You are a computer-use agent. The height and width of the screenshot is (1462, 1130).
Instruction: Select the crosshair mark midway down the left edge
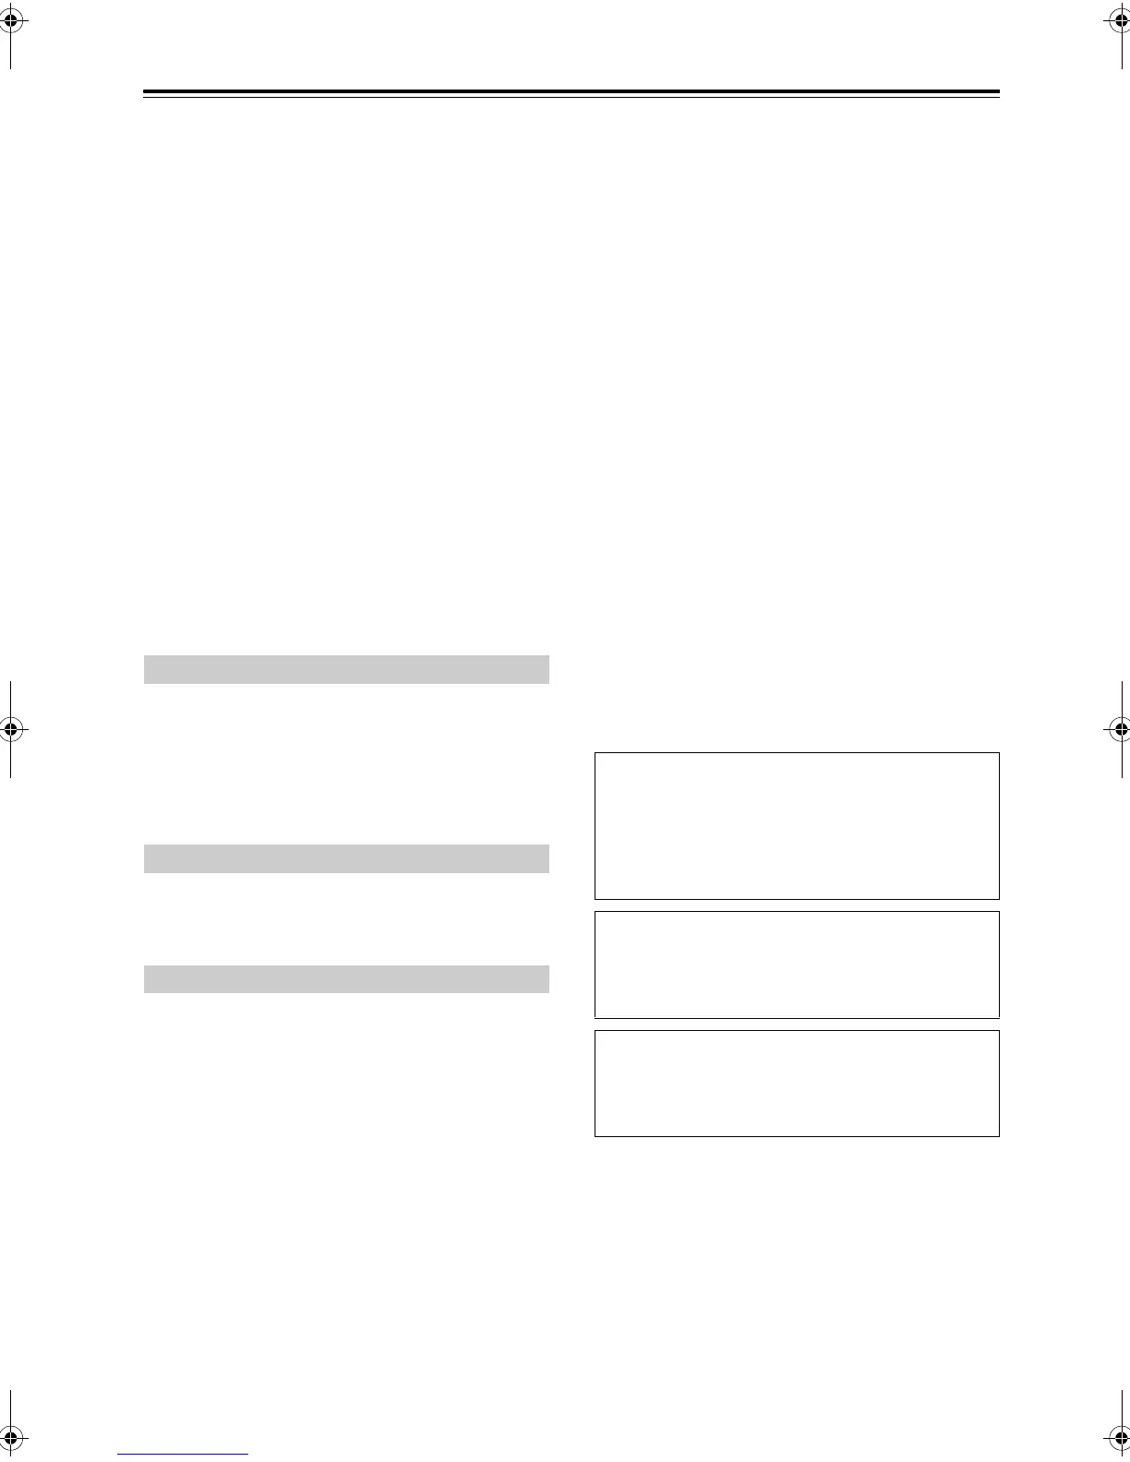[10, 729]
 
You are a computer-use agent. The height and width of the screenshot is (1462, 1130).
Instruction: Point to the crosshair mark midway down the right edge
[1119, 729]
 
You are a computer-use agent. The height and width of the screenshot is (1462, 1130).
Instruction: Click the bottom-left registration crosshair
[10, 1437]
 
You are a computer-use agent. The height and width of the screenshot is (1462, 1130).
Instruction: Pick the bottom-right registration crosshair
[1119, 1437]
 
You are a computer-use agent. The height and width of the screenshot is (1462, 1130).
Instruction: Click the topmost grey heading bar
[346, 669]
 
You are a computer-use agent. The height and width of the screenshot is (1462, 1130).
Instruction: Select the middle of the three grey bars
[346, 858]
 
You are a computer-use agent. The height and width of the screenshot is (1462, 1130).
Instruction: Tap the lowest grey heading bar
[346, 978]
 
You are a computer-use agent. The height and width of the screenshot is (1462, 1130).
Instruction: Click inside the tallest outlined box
[797, 826]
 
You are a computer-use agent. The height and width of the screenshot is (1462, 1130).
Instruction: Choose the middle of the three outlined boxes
[797, 965]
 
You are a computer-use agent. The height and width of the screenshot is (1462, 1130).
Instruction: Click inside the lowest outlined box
[797, 1084]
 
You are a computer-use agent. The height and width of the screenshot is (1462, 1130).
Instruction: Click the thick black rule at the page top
[571, 92]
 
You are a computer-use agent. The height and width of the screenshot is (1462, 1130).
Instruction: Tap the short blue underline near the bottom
[183, 1455]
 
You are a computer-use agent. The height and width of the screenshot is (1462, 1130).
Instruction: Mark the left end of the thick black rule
[145, 92]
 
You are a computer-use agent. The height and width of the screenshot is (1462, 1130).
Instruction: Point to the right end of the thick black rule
[999, 92]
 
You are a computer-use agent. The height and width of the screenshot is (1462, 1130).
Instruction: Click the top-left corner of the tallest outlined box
[595, 753]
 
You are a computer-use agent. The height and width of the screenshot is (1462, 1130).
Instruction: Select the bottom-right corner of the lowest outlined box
[999, 1135]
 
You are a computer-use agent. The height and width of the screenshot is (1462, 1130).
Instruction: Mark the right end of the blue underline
[247, 1455]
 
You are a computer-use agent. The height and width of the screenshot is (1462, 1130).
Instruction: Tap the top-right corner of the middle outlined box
[999, 912]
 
